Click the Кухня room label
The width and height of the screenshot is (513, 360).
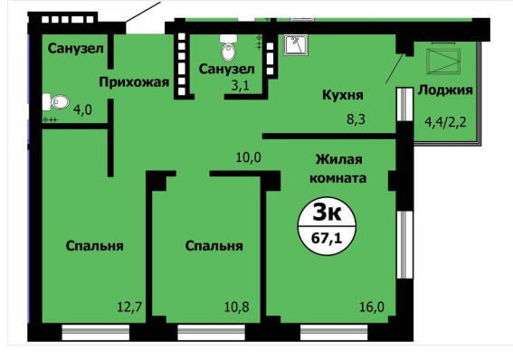(x=343, y=95)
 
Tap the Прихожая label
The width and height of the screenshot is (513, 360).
(x=134, y=82)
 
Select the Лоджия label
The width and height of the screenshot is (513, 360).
(x=445, y=90)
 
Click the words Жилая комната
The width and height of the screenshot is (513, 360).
(x=338, y=169)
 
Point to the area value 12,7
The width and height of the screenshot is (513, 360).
(x=129, y=307)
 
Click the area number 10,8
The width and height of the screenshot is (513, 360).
(x=236, y=307)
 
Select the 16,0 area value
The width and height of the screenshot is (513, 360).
(x=372, y=307)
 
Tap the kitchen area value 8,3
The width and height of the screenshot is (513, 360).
(x=356, y=119)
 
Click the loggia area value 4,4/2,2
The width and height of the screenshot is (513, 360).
(x=445, y=122)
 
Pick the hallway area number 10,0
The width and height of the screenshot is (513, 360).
(x=249, y=157)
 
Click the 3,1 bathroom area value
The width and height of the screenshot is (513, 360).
(x=241, y=85)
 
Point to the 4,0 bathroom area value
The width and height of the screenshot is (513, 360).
(x=82, y=109)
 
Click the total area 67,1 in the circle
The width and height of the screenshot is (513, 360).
(x=327, y=238)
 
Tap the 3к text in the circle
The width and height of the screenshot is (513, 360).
(x=327, y=213)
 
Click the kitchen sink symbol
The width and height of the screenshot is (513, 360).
(x=296, y=45)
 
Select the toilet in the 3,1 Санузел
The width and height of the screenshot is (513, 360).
(x=228, y=48)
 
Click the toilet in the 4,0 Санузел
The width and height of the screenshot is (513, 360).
(x=55, y=102)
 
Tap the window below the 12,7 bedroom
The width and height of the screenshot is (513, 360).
(x=96, y=333)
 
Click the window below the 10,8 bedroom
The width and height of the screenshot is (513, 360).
(x=212, y=333)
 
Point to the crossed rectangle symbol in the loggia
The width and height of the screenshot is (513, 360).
(x=443, y=62)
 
